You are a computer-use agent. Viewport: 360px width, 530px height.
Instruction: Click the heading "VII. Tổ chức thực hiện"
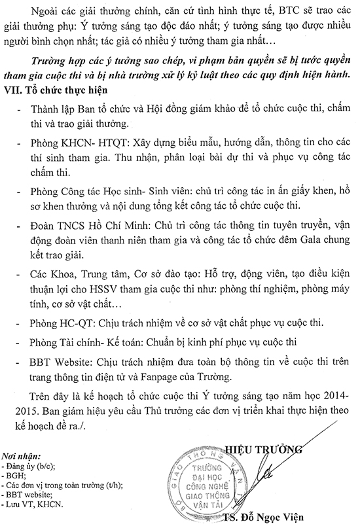[x=60, y=89]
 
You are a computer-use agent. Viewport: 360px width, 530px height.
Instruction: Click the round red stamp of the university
[x=212, y=482]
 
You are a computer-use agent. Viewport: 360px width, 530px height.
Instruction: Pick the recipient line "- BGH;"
[x=17, y=476]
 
